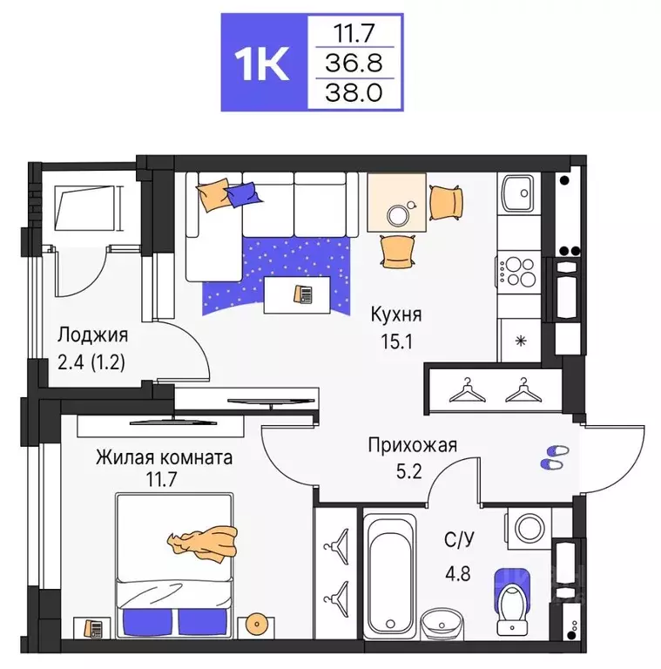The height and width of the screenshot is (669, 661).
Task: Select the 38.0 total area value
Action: [354, 91]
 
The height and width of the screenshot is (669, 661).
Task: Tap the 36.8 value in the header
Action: [354, 63]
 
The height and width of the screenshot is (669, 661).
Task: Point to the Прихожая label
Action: [412, 446]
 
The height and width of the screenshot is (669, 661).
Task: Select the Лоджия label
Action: [93, 335]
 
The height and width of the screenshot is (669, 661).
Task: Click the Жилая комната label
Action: [165, 457]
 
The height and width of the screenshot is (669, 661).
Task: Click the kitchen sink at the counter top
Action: [519, 193]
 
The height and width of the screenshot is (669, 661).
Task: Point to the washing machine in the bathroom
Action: [529, 529]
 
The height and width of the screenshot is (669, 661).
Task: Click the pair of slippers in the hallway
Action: [554, 458]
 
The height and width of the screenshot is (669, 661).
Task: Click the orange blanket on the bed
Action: [204, 541]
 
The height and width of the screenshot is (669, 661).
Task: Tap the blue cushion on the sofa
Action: [241, 193]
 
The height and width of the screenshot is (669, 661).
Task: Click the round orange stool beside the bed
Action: [255, 623]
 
